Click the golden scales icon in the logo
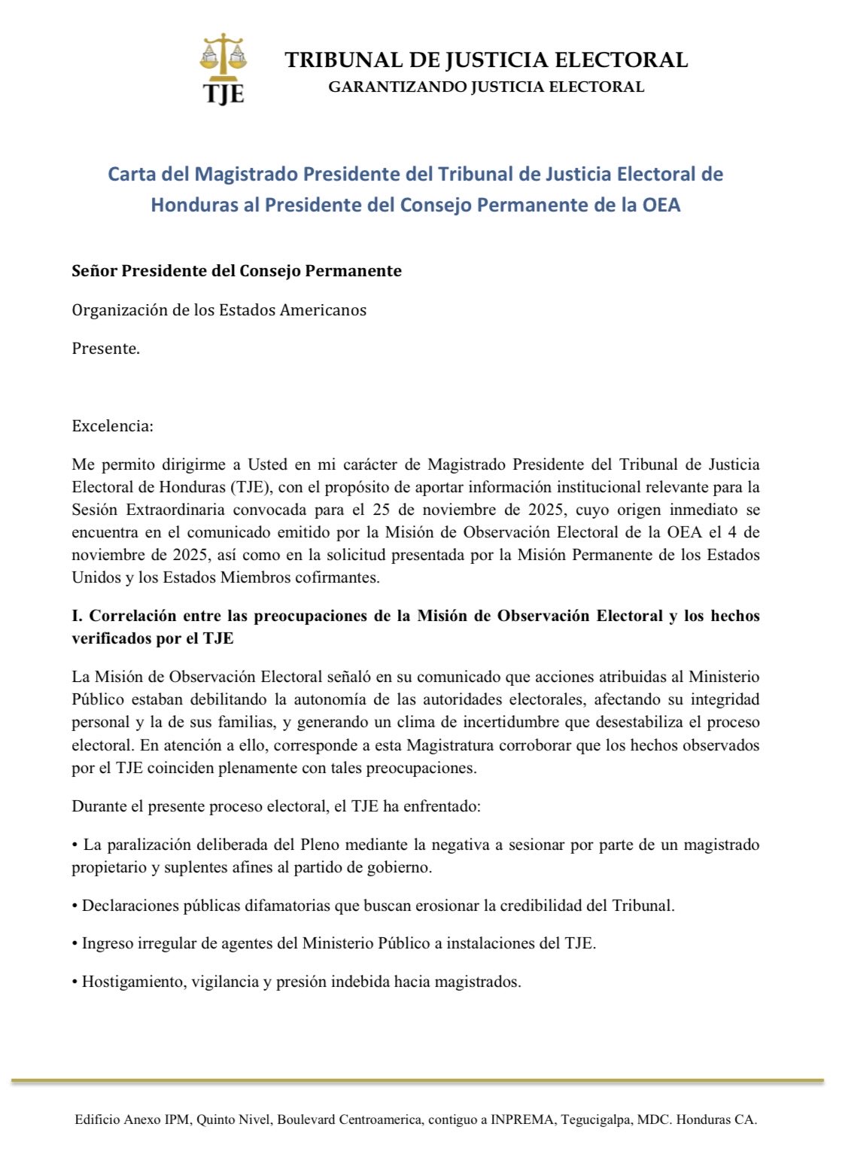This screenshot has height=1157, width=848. [x=223, y=56]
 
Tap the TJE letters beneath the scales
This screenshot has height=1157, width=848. [x=223, y=93]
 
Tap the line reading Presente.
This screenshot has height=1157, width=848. [x=106, y=349]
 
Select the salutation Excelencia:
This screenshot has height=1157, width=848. [x=113, y=426]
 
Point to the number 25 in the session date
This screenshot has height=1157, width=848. [x=382, y=510]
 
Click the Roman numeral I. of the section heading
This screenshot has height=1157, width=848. [x=78, y=616]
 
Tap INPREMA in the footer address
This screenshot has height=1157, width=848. [x=520, y=1119]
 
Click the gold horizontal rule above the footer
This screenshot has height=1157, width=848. [x=418, y=1081]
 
